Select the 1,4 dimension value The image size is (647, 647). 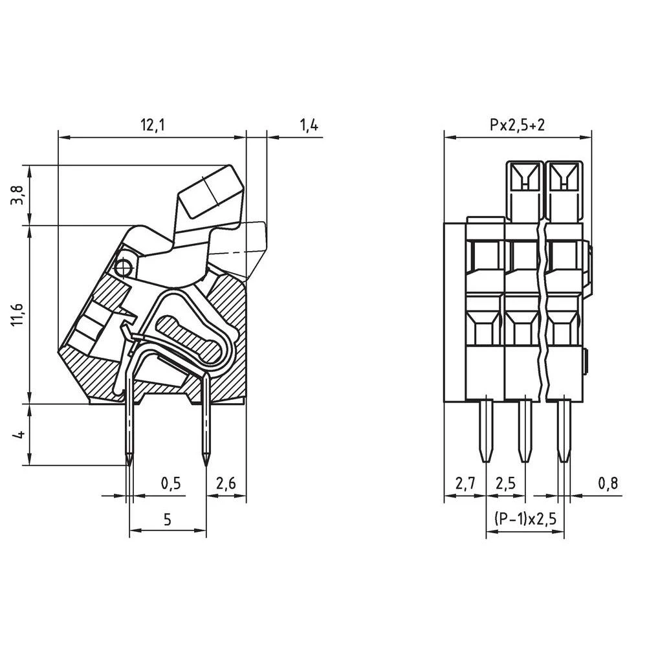click(309, 126)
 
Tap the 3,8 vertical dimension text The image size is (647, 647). click(19, 195)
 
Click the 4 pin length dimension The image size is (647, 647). click(19, 433)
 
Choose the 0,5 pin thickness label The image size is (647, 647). click(170, 485)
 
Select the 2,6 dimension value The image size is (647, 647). click(227, 485)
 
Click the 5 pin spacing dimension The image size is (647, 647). click(168, 520)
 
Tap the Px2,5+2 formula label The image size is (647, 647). click(517, 126)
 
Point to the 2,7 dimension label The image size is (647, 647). click(465, 485)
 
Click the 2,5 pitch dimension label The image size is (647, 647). click(505, 485)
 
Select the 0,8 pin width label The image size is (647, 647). click(608, 485)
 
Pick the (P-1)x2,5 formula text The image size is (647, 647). click(525, 520)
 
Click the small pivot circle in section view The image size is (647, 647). click(123, 267)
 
